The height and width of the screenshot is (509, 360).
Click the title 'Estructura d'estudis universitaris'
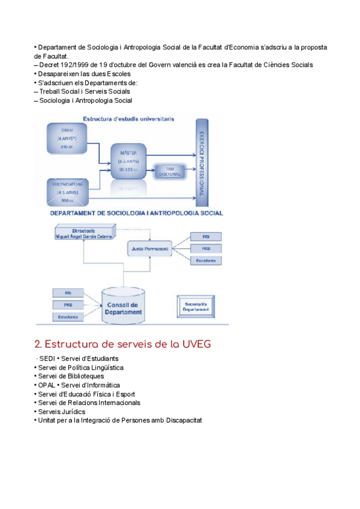click(x=129, y=119)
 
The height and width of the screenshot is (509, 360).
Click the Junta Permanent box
click(x=148, y=247)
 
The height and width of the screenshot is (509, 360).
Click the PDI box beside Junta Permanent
click(x=205, y=236)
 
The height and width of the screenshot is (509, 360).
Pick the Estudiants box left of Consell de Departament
click(x=68, y=316)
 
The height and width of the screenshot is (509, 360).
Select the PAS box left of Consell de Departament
click(x=68, y=304)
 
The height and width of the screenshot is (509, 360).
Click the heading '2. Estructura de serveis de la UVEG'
click(x=122, y=345)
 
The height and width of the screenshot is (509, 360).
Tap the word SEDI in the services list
click(x=47, y=358)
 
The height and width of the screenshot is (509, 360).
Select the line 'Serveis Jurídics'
click(x=61, y=412)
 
